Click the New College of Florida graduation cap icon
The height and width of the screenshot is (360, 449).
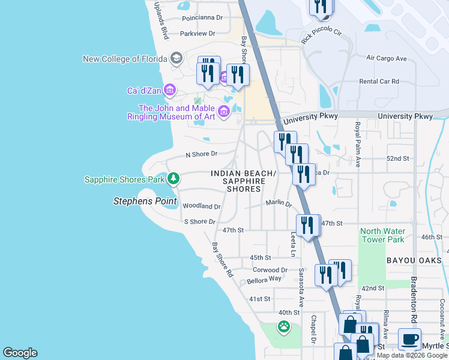176,58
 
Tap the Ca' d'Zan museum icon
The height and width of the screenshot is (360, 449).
169,91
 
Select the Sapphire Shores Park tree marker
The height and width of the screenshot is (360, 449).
173,178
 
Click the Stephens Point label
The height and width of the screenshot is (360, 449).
145,201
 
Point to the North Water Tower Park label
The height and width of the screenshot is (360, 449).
382,235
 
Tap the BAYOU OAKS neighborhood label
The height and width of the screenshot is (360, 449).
414,260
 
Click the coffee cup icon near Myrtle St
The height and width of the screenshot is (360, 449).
409,339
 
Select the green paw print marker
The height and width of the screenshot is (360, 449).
283,327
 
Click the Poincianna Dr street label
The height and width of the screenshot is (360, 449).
202,18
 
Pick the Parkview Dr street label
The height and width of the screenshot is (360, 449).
197,34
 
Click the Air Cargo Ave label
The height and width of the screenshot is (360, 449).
387,58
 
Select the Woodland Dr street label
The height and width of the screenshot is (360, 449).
202,206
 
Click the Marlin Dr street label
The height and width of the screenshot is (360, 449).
279,203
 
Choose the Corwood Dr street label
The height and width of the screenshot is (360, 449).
270,270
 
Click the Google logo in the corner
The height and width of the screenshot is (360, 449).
20,353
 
